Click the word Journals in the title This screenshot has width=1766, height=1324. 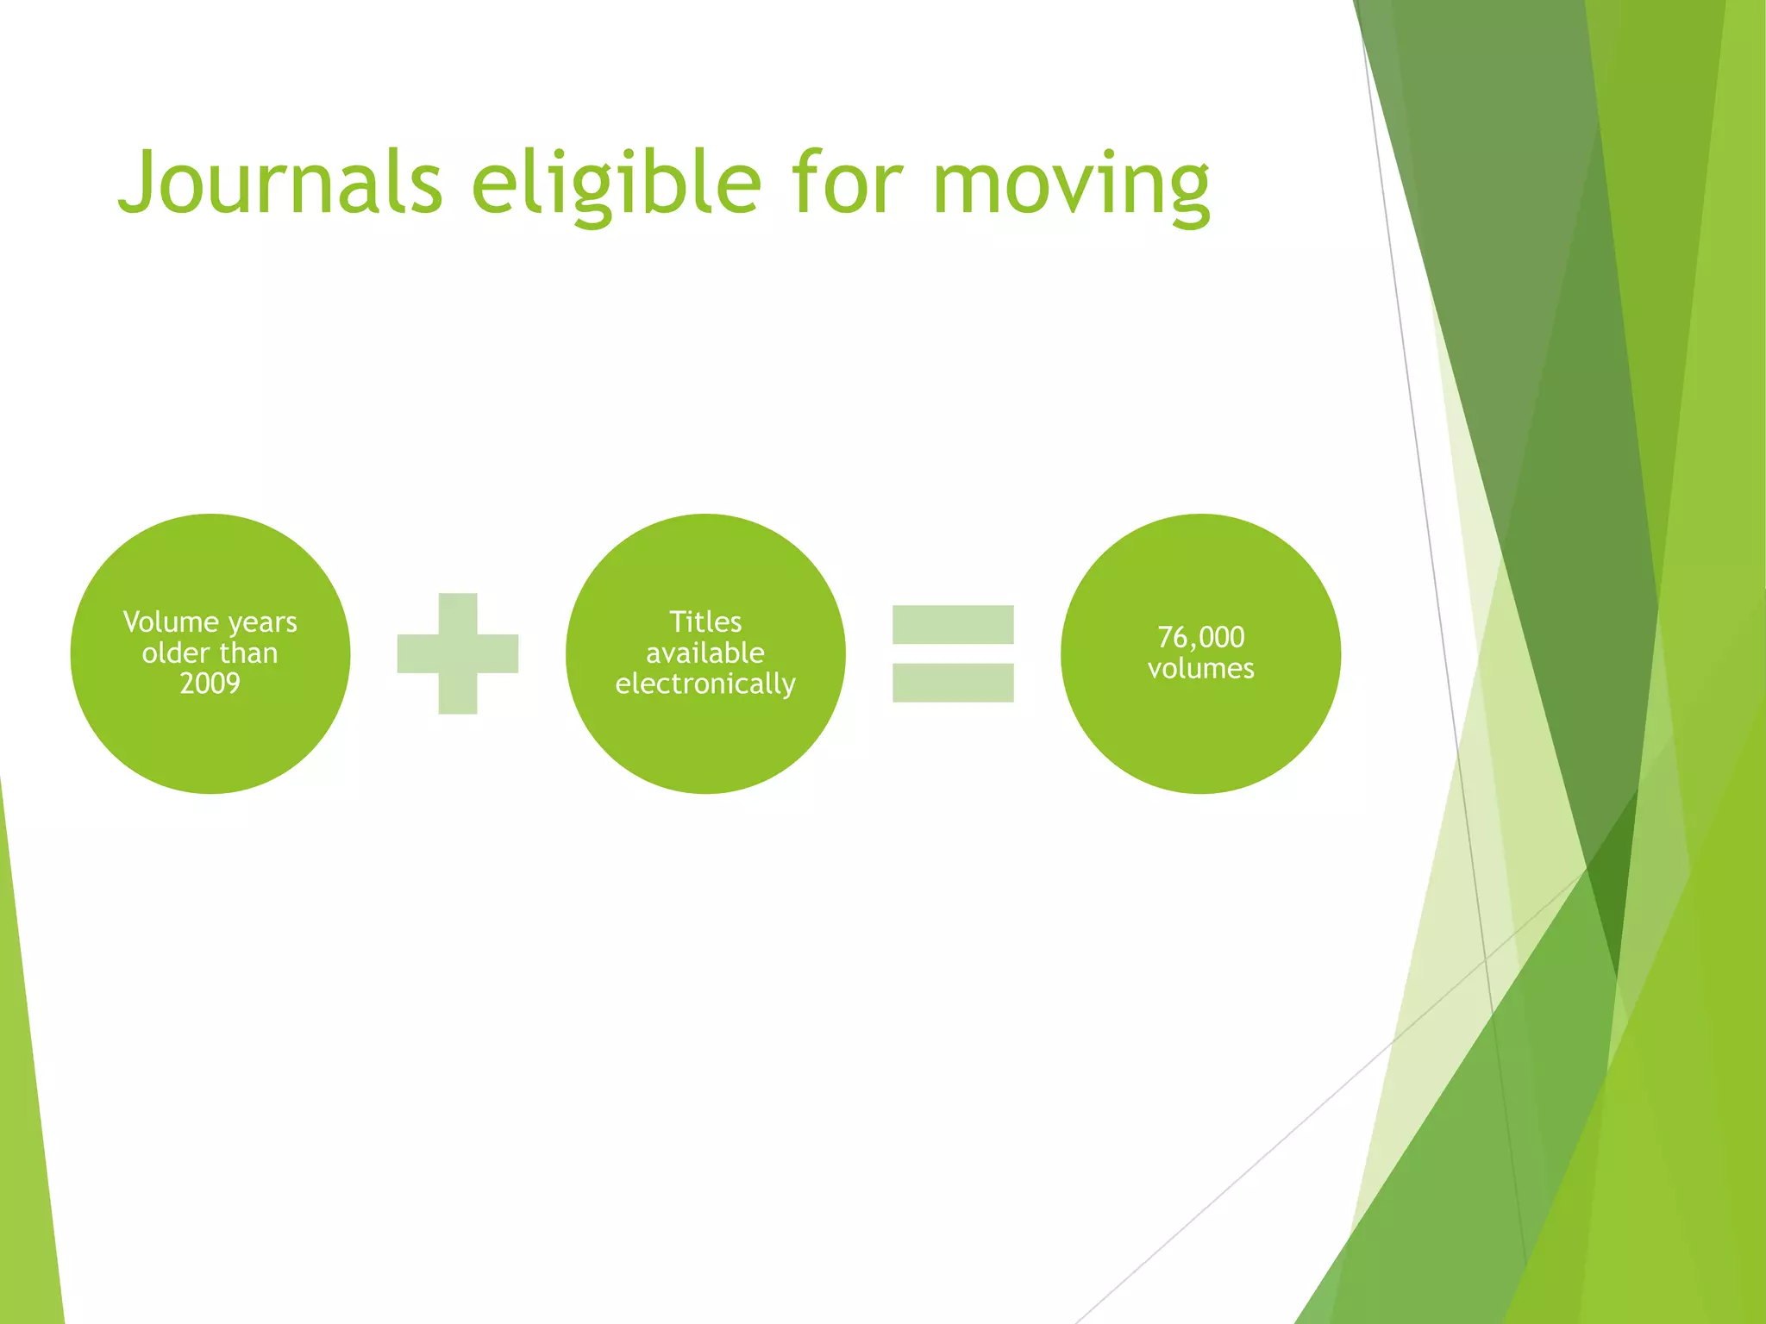(x=281, y=183)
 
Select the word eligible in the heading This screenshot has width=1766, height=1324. (x=617, y=183)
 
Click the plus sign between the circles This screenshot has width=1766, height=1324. (x=458, y=653)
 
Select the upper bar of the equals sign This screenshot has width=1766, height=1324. (x=953, y=625)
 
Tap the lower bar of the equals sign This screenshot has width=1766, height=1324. (x=953, y=683)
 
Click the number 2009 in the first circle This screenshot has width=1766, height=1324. (x=210, y=684)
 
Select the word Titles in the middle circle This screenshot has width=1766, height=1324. (x=705, y=622)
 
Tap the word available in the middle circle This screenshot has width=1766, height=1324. (x=705, y=653)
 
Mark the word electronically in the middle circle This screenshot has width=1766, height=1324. (x=705, y=684)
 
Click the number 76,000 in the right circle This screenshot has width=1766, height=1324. (x=1201, y=638)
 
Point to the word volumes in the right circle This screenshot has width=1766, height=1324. (x=1201, y=669)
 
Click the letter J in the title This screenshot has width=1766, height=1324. (x=139, y=183)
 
